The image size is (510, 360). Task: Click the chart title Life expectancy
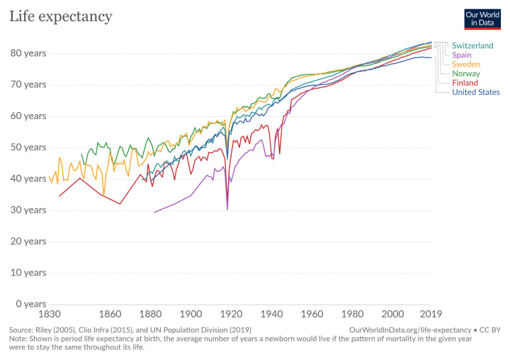60,16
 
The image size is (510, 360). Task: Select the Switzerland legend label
472,45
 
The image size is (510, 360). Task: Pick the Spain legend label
463,55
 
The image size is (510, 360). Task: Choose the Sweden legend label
466,64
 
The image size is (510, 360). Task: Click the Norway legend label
466,74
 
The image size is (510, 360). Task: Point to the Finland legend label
465,83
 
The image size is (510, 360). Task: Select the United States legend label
475,92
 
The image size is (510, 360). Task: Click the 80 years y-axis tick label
28,53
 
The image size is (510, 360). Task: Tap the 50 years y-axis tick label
28,147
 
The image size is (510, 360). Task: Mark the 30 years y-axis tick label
28,210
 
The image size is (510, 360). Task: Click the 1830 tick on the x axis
49,314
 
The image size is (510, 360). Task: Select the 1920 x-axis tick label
231,314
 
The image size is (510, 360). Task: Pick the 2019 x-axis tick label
431,314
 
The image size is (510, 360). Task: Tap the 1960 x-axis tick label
312,314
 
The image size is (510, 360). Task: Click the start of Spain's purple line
154,212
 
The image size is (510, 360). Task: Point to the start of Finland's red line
59,196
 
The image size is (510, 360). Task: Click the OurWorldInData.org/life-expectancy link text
410,330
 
